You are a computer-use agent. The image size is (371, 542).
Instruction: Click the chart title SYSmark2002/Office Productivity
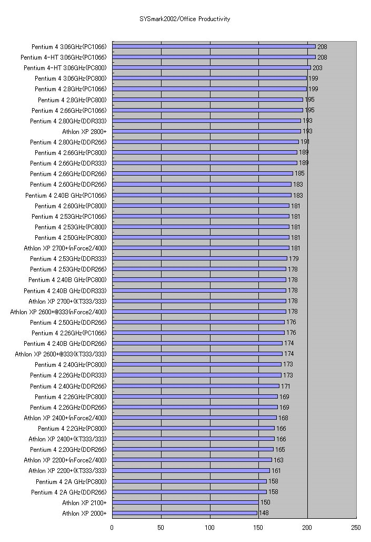185,19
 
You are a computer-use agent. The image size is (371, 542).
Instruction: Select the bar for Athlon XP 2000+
185,513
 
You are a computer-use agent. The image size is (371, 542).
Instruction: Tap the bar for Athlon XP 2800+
206,131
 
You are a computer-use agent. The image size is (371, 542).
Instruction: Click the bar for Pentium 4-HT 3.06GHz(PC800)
211,67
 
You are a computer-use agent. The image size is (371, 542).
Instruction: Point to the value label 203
317,68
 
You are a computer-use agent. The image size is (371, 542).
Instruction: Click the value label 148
264,513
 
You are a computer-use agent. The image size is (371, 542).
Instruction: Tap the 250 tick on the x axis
356,527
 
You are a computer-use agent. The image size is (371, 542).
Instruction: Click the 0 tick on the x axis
112,527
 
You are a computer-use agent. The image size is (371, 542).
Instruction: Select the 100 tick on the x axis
210,527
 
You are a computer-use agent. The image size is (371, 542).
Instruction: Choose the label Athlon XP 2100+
84,502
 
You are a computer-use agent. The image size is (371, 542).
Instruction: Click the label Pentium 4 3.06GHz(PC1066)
69,46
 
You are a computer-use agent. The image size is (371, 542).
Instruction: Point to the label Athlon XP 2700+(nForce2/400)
65,248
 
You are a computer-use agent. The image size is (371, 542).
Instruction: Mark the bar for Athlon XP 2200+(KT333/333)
191,471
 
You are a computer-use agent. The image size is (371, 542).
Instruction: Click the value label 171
286,386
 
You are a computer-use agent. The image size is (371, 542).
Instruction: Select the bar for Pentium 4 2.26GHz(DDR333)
197,375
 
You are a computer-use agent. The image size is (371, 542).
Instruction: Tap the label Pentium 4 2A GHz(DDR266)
68,492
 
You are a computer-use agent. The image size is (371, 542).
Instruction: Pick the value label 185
299,173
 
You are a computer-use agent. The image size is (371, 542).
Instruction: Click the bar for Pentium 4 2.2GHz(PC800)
193,428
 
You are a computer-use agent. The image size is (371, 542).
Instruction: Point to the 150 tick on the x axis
259,527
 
